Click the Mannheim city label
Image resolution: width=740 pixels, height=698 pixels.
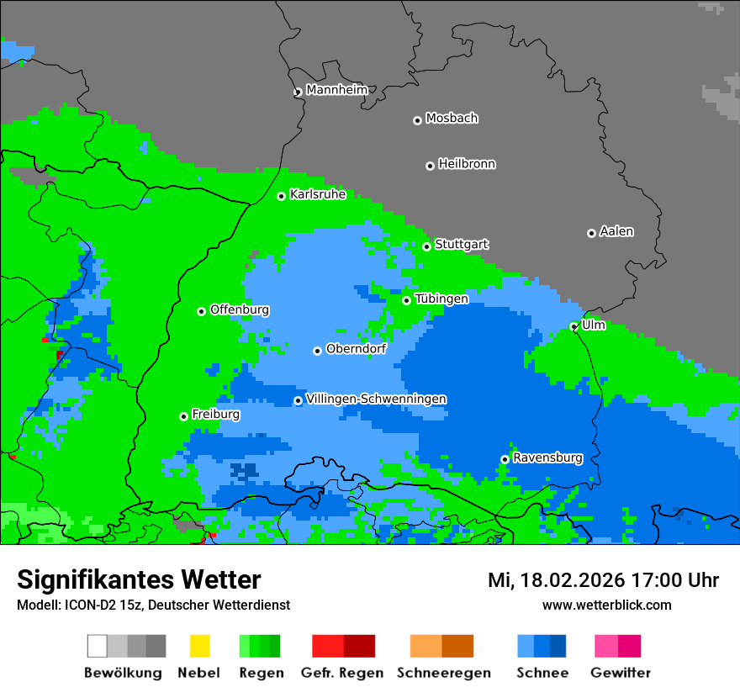pyautogui.click(x=337, y=90)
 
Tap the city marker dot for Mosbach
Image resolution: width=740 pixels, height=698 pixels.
pyautogui.click(x=417, y=120)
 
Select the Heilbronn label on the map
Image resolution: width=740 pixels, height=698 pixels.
pyautogui.click(x=467, y=164)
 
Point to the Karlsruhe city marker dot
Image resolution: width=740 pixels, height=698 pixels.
pyautogui.click(x=282, y=196)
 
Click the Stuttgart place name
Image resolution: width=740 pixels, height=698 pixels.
pyautogui.click(x=462, y=245)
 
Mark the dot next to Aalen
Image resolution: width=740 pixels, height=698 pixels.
pyautogui.click(x=591, y=233)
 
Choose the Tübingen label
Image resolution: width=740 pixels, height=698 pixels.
pyautogui.click(x=441, y=299)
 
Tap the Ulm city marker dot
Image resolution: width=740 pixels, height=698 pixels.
pyautogui.click(x=573, y=326)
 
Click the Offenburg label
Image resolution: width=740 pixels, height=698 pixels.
pyautogui.click(x=240, y=309)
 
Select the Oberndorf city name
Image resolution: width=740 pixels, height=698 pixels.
pyautogui.click(x=357, y=349)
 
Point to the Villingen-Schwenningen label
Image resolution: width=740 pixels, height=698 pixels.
pyautogui.click(x=376, y=399)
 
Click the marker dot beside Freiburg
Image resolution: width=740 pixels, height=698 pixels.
pyautogui.click(x=183, y=416)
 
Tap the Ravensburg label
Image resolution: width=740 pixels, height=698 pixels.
pyautogui.click(x=547, y=457)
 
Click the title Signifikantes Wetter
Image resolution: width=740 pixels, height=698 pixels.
pyautogui.click(x=139, y=579)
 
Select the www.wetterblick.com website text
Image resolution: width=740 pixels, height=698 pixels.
pyautogui.click(x=606, y=605)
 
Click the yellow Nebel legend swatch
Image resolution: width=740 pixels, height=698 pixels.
pyautogui.click(x=199, y=646)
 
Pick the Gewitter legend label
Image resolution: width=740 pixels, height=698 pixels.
pyautogui.click(x=621, y=673)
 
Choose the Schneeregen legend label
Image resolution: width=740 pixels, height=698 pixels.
pyautogui.click(x=444, y=673)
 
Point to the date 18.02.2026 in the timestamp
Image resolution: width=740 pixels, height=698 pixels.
pyautogui.click(x=562, y=580)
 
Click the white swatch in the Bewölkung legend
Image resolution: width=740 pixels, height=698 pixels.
pyautogui.click(x=97, y=646)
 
